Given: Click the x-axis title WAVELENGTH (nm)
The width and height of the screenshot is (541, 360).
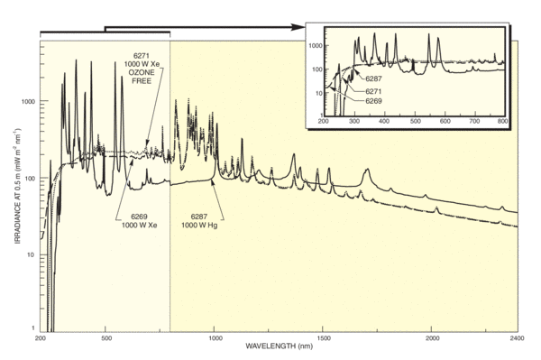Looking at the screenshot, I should pos(279,346).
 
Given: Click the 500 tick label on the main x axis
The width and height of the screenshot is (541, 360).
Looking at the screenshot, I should pos(106,338).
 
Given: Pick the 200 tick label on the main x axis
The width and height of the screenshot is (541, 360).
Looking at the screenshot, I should pos(41,338).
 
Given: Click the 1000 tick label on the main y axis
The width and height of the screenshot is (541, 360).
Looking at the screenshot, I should pos(28,102).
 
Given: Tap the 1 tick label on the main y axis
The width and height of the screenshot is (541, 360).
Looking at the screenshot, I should pos(33,326).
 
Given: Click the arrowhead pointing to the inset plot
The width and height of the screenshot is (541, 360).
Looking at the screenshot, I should pos(303,28).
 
